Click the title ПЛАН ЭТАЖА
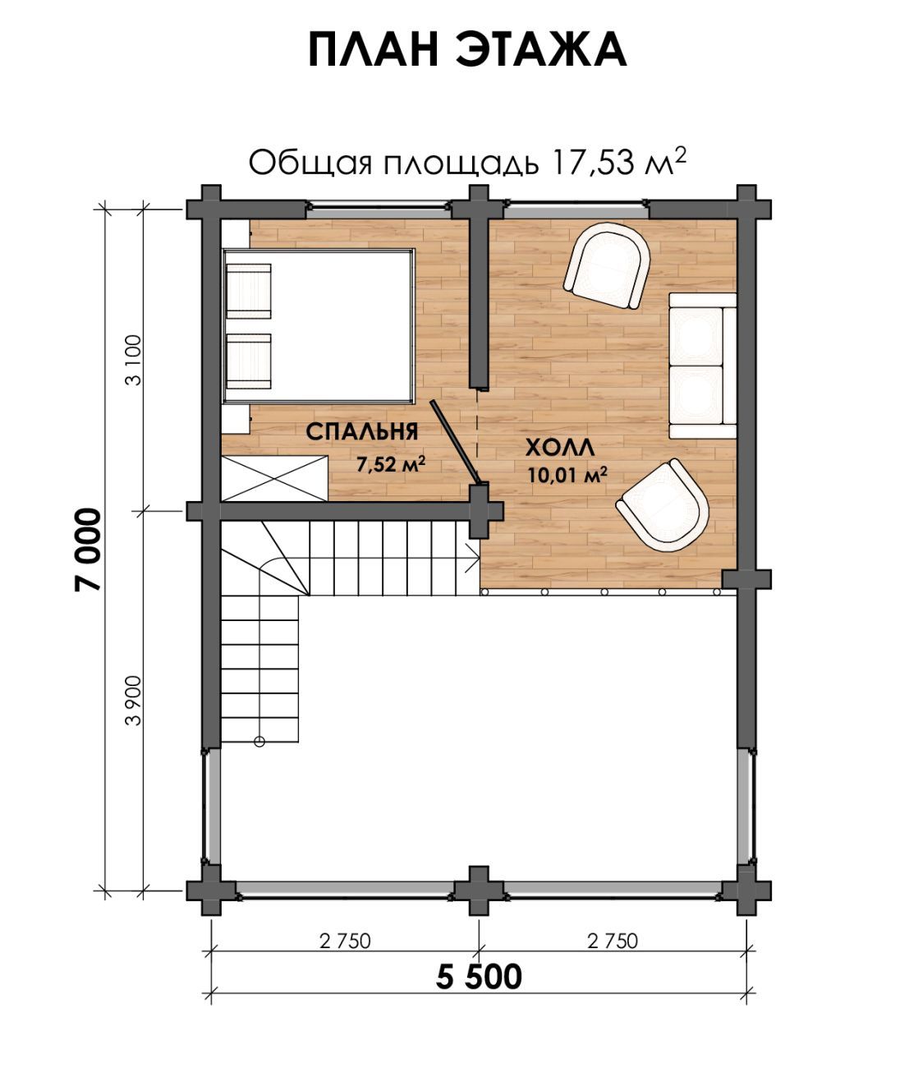(467, 50)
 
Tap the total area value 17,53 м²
(619, 162)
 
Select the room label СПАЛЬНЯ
(362, 432)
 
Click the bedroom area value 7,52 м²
(391, 463)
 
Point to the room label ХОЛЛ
(560, 448)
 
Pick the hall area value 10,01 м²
(567, 474)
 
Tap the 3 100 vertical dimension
(133, 361)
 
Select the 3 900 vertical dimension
(133, 701)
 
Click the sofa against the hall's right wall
(702, 366)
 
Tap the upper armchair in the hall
(608, 266)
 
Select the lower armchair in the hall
(663, 504)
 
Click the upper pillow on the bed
(249, 292)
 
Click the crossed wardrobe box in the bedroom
(274, 478)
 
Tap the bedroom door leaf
(456, 442)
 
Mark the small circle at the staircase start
(259, 743)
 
